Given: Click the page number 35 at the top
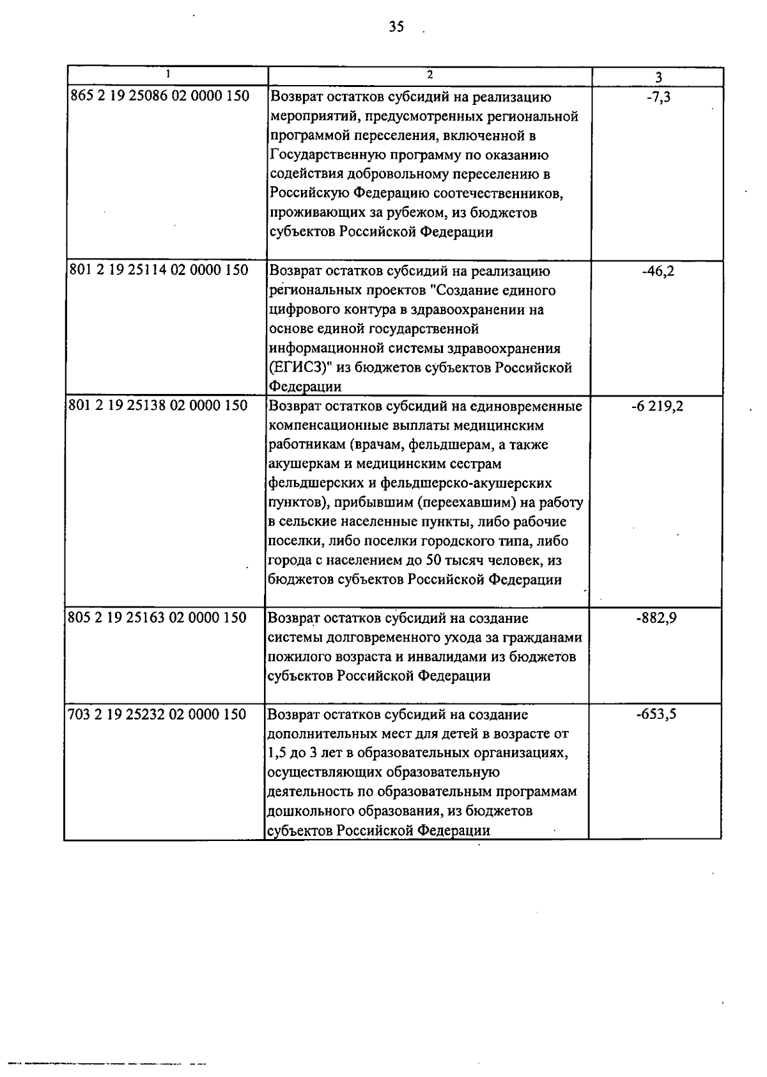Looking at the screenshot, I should [x=396, y=27].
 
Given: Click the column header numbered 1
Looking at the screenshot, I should [x=167, y=74].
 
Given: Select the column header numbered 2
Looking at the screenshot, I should [x=430, y=74].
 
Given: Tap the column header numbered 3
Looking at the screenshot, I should [x=658, y=77].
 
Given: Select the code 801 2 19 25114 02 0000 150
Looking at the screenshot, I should [x=158, y=270].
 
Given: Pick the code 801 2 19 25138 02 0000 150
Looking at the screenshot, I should [x=157, y=405].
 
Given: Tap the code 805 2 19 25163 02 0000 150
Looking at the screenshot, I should [x=157, y=617].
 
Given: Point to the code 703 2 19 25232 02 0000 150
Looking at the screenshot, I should [x=157, y=714].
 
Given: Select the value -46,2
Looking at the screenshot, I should [x=657, y=271].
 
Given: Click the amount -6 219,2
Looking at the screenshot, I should [x=657, y=405].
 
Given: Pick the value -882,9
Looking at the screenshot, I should [x=657, y=618].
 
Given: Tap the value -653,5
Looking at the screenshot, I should [x=656, y=714].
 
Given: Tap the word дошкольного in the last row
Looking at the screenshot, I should [x=307, y=811].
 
